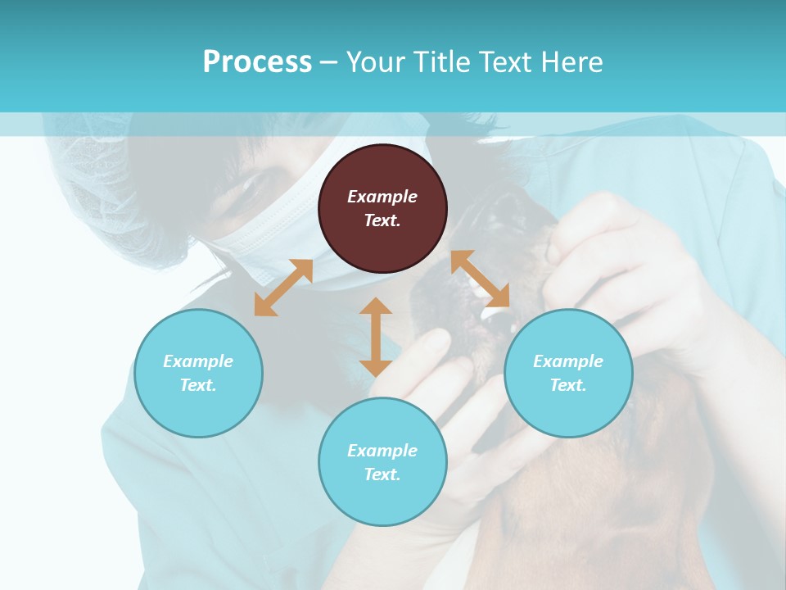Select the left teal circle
point(198,373)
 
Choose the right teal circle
point(568,373)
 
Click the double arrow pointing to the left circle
point(283,288)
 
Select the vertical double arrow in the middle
point(376,337)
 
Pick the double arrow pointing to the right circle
point(480,279)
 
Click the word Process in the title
point(257,61)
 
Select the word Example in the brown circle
point(382,197)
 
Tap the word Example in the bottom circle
point(382,451)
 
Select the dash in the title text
point(328,62)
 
